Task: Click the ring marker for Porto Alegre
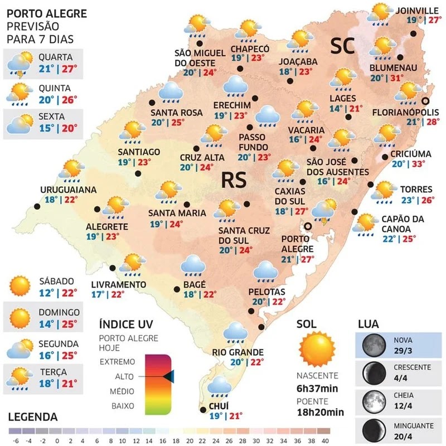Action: [x=307, y=226]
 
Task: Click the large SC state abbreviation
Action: [x=343, y=47]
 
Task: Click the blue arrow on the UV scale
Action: [x=169, y=377]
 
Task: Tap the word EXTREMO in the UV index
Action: [x=117, y=362]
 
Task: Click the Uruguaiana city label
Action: [x=69, y=190]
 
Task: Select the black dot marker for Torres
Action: [x=371, y=185]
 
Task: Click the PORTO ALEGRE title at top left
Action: [x=40, y=13]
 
